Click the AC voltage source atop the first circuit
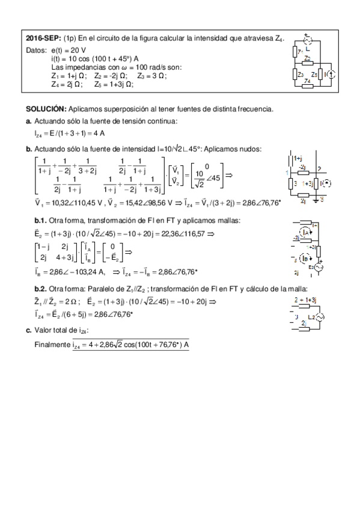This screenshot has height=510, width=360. tap(308, 40)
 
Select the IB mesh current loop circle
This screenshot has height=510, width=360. tap(306, 260)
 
